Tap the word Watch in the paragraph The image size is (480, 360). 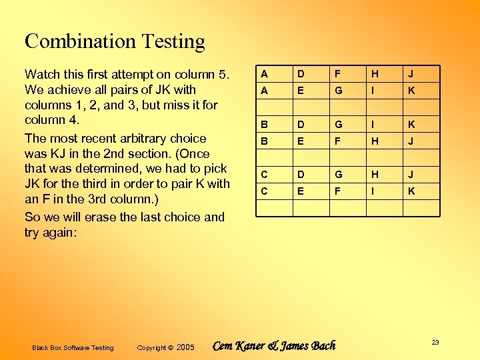tap(42, 74)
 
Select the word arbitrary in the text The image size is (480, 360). tap(142, 139)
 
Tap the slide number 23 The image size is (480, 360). tap(435, 342)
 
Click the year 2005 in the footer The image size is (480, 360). tap(186, 347)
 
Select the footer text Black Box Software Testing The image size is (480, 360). tap(73, 347)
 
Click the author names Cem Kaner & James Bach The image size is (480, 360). tap(273, 345)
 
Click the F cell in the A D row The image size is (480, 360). tap(338, 74)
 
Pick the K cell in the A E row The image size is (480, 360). tap(411, 90)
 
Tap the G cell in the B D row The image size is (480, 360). tap(339, 125)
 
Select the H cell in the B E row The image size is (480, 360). tap(375, 141)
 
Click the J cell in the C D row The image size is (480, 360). tap(411, 175)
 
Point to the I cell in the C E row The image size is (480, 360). tap(375, 191)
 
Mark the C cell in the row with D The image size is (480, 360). tap(264, 175)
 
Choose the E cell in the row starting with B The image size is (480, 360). tap(301, 141)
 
